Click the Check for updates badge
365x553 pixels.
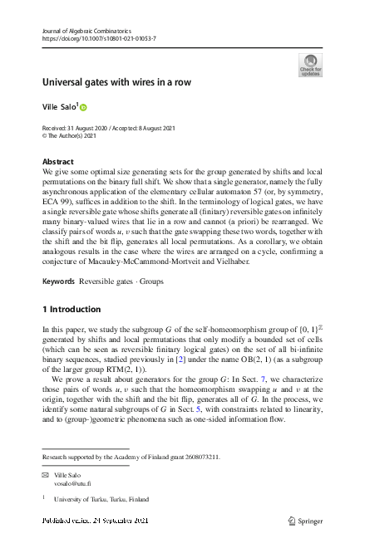310,66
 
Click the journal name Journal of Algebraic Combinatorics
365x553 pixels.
81,31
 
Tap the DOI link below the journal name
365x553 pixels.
98,39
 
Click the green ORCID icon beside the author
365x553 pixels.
83,108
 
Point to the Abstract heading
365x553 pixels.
57,161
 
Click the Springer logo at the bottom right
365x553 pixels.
304,521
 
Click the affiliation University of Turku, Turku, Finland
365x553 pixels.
101,500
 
